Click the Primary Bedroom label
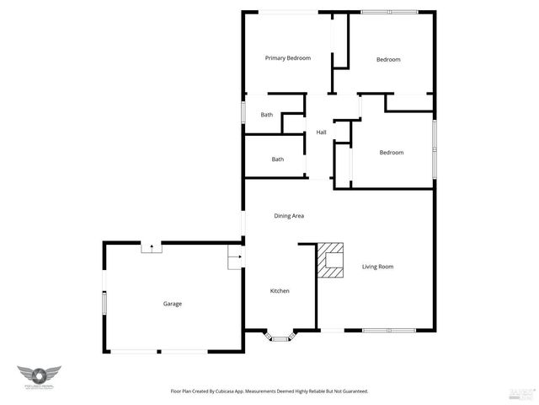click(x=288, y=58)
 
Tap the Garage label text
click(x=173, y=304)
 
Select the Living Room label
click(x=378, y=267)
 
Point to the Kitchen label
click(x=280, y=291)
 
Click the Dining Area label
click(x=289, y=216)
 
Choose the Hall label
click(x=321, y=132)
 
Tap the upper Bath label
click(x=267, y=115)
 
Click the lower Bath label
click(x=277, y=159)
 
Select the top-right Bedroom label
click(x=388, y=59)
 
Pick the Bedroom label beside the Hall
click(x=391, y=153)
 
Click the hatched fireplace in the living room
click(x=330, y=261)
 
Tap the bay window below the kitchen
click(x=280, y=337)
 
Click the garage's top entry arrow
click(x=151, y=247)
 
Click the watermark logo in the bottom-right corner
click(x=522, y=392)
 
